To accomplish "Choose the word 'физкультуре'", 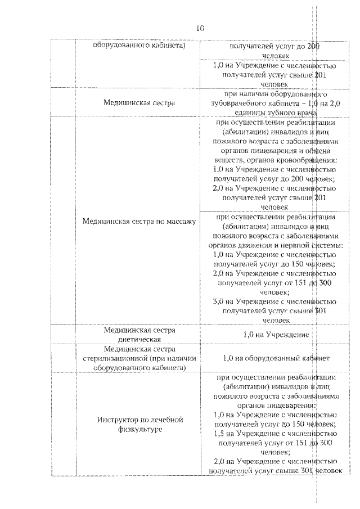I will point(139,430).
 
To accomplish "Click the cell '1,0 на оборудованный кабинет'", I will point(276,358).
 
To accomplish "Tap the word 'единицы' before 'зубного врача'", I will point(250,113).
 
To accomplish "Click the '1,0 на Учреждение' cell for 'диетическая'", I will point(276,335).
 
